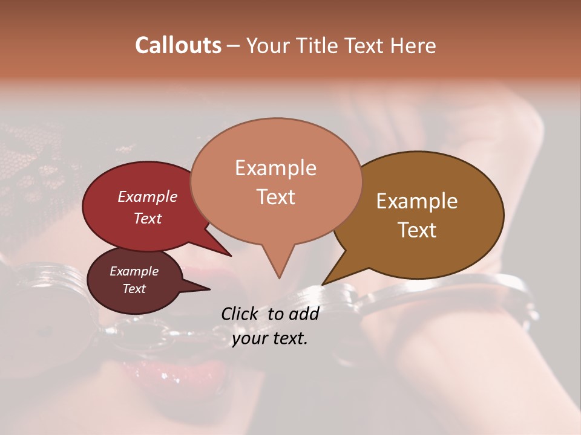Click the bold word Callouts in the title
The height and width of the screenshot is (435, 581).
[x=178, y=45]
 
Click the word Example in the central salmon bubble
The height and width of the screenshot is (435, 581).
[x=275, y=168]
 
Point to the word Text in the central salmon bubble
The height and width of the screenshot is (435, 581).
[x=275, y=197]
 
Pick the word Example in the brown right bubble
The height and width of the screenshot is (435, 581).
[x=417, y=201]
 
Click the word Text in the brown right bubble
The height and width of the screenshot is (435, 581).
[x=417, y=230]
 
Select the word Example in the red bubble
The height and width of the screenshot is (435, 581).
[x=147, y=196]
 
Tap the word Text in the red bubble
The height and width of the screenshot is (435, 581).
[x=147, y=218]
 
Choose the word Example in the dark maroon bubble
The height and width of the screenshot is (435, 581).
[x=134, y=271]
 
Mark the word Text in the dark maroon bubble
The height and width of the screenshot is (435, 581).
[x=134, y=289]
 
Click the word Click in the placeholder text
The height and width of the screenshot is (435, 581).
[x=241, y=314]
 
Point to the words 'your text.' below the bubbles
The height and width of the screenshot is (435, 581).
[x=270, y=338]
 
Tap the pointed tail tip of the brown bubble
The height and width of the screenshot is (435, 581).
[x=323, y=284]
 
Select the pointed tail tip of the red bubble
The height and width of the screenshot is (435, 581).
[x=231, y=256]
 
